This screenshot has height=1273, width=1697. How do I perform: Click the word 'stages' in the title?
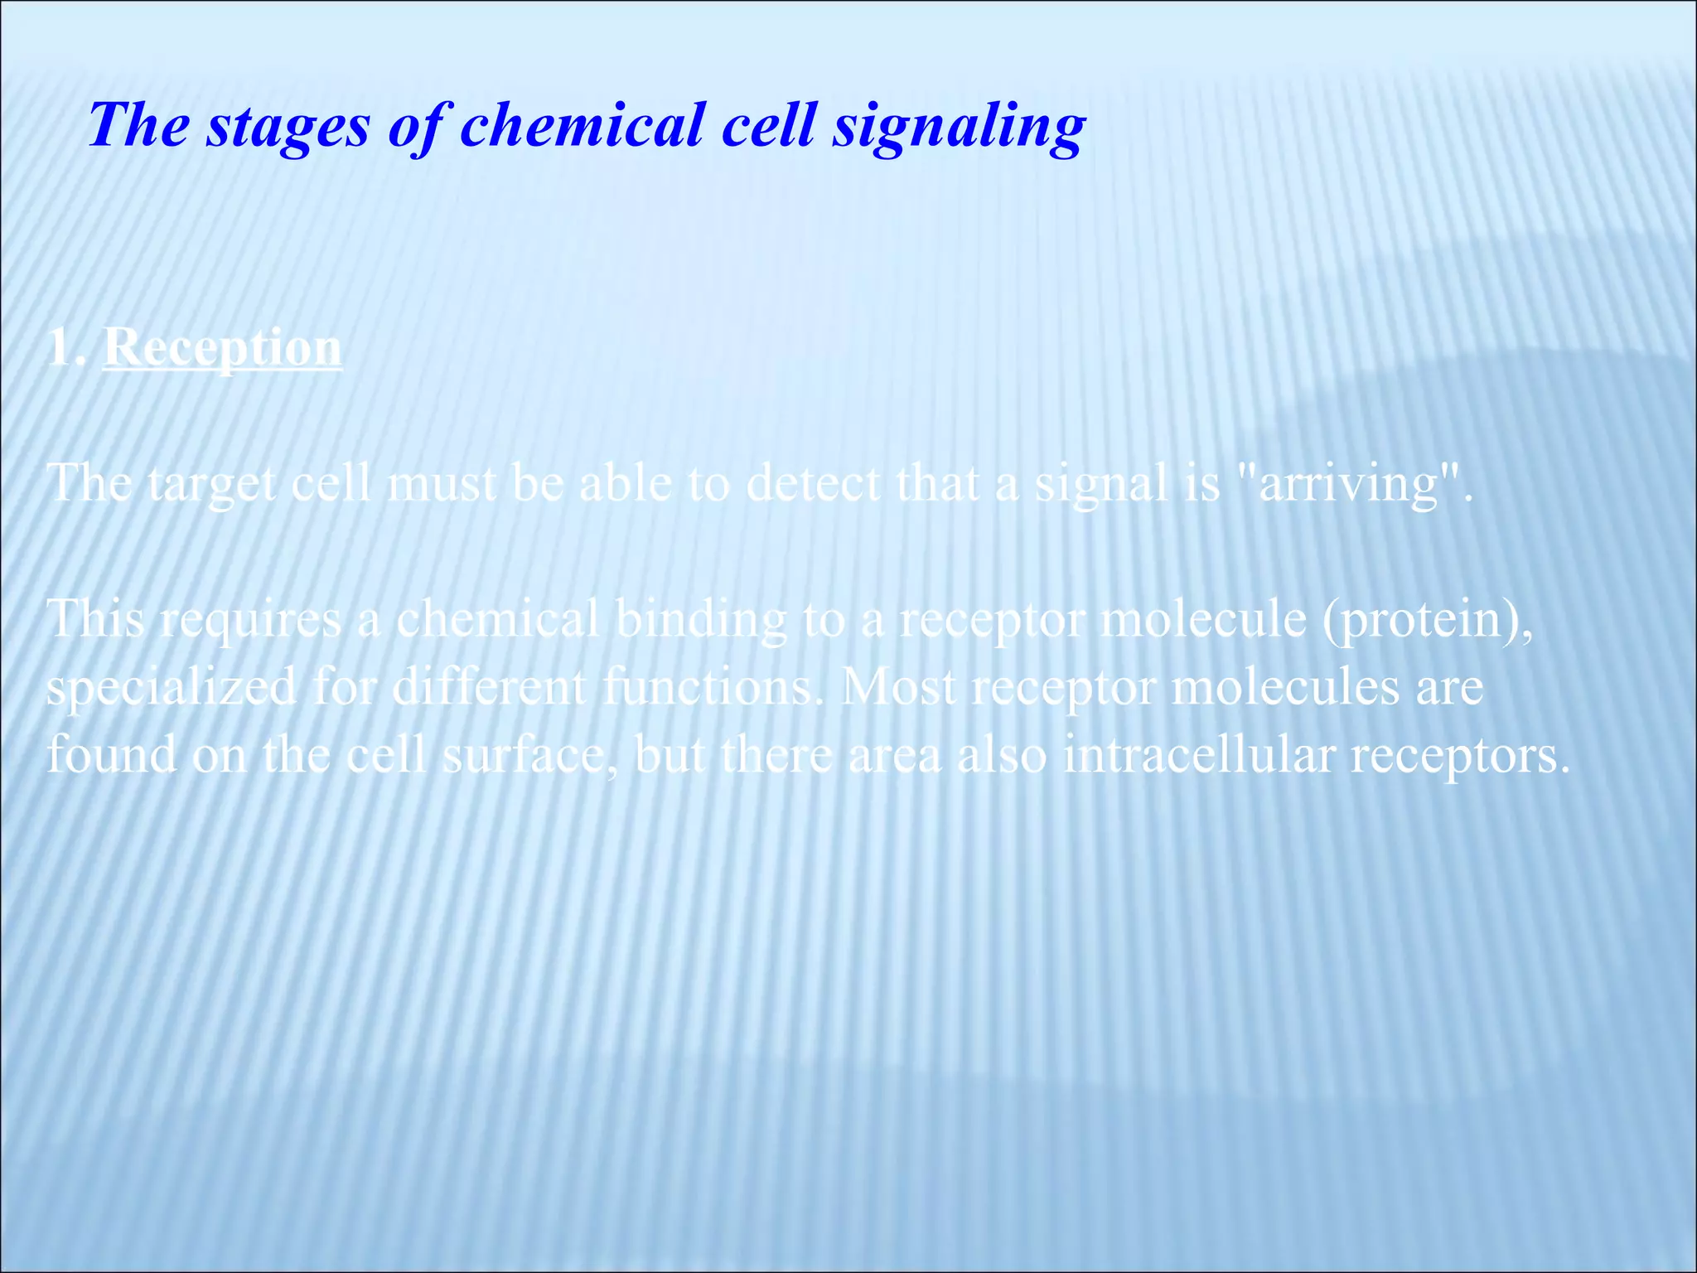click(x=288, y=127)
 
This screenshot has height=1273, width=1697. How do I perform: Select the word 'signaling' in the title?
click(x=959, y=127)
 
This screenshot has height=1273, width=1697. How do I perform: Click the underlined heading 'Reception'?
click(x=222, y=348)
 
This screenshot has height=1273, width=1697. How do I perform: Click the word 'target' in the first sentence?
click(x=212, y=484)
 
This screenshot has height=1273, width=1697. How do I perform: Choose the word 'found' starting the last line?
click(x=111, y=755)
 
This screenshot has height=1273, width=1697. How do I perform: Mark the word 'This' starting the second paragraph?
click(x=95, y=619)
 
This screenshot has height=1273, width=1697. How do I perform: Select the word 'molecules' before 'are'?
click(x=1284, y=687)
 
